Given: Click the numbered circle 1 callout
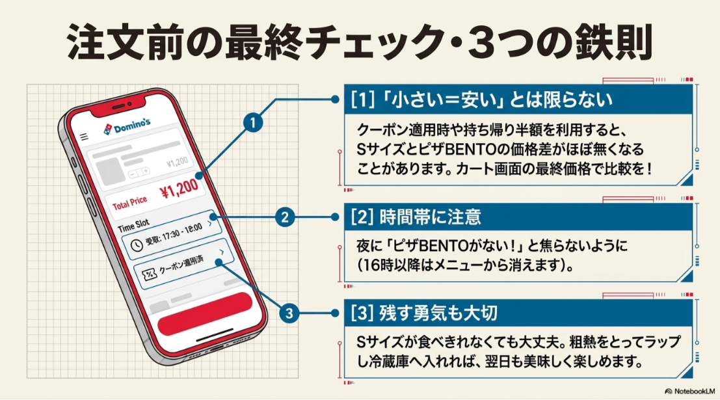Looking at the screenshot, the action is pos(252,123).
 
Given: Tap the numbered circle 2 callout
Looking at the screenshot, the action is pos(285,217).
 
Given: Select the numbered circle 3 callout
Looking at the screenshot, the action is pos(289,313).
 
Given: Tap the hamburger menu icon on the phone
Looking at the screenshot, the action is pos(84,137).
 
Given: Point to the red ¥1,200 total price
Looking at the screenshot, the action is pos(179,189).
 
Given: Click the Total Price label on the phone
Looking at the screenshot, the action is pos(130,203).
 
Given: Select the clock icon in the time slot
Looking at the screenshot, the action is pos(137,245).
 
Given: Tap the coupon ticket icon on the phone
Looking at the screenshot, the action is pos(149,274).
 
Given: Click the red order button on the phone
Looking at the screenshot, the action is pos(205,313).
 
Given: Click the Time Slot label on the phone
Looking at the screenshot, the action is pos(133,225).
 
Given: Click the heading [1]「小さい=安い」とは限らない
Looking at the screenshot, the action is pos(481,100).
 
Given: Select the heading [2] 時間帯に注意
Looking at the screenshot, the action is pos(416,217).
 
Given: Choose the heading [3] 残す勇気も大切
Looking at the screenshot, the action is pos(424,313).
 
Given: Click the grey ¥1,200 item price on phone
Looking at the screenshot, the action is pos(178,162).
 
